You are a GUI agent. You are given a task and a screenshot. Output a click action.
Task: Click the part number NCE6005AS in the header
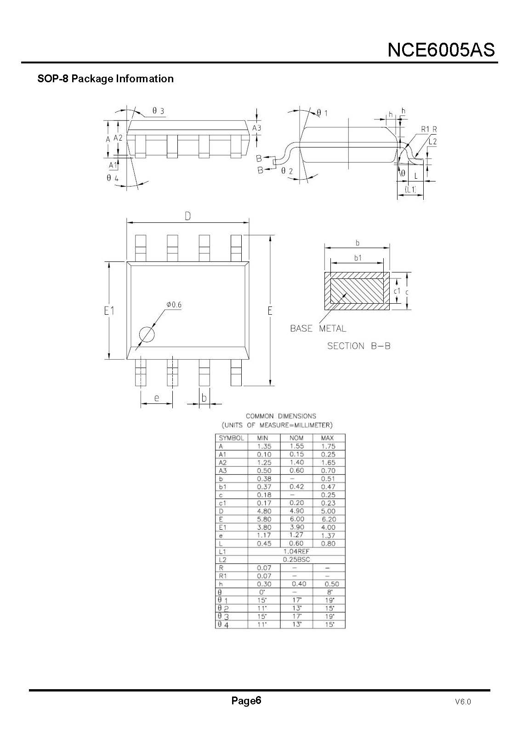[x=441, y=49]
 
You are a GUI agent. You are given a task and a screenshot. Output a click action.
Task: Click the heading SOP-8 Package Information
[x=105, y=79]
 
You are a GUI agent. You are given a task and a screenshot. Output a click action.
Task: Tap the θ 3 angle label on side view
[x=158, y=111]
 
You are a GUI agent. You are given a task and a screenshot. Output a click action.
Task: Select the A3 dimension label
[x=256, y=128]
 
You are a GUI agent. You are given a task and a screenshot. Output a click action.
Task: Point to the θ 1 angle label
[x=322, y=113]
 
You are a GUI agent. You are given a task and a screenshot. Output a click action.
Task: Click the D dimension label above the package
[x=188, y=216]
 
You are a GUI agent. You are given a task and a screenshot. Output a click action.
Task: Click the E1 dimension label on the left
[x=109, y=311]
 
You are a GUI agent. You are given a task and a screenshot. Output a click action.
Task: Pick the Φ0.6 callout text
[x=174, y=305]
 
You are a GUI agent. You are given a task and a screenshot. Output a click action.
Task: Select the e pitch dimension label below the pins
[x=156, y=398]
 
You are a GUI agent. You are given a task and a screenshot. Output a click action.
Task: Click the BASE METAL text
[x=318, y=329]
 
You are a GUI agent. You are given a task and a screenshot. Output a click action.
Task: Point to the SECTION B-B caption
[x=358, y=346]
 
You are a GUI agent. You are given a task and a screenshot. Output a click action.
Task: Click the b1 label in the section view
[x=358, y=258]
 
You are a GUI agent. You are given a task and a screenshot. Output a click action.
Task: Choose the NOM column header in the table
[x=296, y=438]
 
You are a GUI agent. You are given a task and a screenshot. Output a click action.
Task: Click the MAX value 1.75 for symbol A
[x=328, y=446]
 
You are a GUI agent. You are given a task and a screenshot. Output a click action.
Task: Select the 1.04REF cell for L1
[x=296, y=551]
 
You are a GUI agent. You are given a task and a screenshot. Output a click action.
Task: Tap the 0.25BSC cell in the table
[x=296, y=560]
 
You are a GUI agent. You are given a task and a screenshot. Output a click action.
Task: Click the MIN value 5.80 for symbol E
[x=264, y=519]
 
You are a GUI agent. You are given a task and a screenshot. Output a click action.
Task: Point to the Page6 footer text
[x=246, y=701]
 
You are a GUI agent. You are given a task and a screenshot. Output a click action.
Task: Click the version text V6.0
[x=463, y=702]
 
